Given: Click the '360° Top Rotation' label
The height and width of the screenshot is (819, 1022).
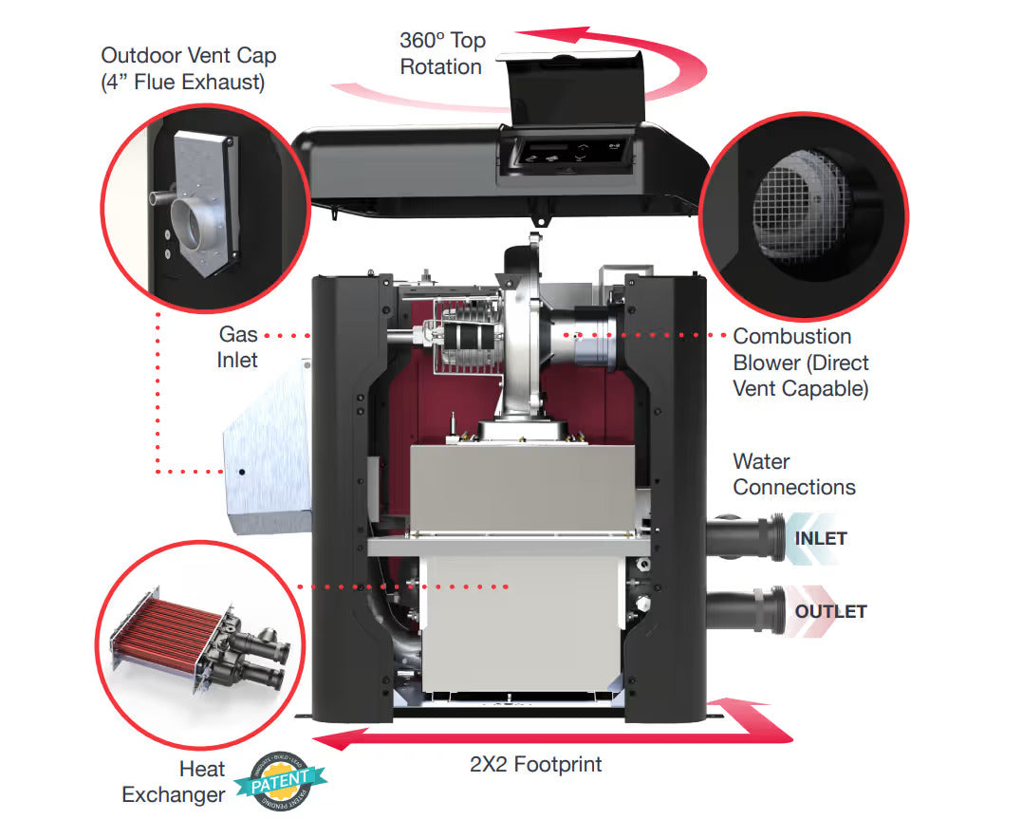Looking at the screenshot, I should point(441,54).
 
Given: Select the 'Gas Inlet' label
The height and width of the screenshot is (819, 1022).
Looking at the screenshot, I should point(238,347).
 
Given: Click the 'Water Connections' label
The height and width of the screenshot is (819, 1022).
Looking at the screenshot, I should point(793,475).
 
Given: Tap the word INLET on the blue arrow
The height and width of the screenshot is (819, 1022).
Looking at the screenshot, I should point(820,539).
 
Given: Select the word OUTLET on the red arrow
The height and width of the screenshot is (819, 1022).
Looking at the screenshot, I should point(830,611).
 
